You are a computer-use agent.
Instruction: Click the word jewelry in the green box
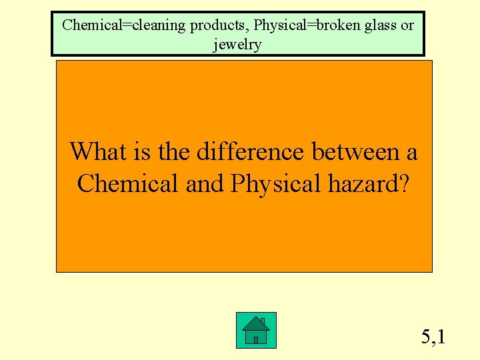click(x=237, y=45)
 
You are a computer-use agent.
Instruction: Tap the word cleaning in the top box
click(x=159, y=25)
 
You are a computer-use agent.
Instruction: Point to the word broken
click(x=338, y=25)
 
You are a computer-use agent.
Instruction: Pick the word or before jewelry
click(x=407, y=25)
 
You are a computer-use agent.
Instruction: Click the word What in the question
click(x=97, y=151)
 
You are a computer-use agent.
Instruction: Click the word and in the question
click(x=205, y=183)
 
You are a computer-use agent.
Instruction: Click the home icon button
click(x=256, y=330)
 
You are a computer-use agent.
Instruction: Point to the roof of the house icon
click(x=256, y=323)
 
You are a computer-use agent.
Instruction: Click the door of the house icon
click(x=256, y=339)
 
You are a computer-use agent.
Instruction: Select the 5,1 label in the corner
click(x=433, y=337)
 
